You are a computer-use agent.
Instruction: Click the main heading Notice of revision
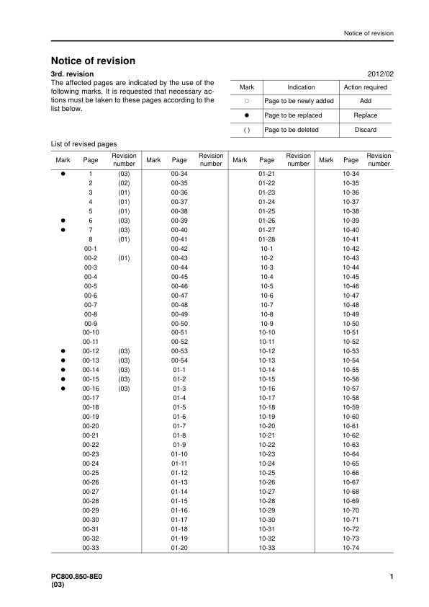click(x=93, y=61)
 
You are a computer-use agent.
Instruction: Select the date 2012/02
click(x=379, y=74)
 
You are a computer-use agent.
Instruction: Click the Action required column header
click(x=366, y=87)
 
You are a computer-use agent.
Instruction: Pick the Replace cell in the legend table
click(x=366, y=115)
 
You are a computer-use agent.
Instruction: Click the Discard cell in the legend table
click(x=366, y=130)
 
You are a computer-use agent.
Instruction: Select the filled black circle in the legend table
click(x=246, y=115)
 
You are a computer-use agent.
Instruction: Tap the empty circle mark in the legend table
click(x=246, y=102)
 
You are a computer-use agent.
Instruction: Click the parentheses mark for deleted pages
click(x=246, y=130)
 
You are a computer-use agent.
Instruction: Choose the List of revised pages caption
click(x=83, y=144)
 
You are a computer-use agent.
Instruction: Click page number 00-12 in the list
click(x=91, y=351)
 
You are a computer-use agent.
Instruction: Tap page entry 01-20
click(x=179, y=548)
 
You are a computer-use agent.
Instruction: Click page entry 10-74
click(x=351, y=548)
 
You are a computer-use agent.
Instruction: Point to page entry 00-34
click(x=179, y=174)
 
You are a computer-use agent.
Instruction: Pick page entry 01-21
click(x=266, y=174)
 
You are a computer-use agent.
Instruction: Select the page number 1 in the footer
click(x=390, y=577)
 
